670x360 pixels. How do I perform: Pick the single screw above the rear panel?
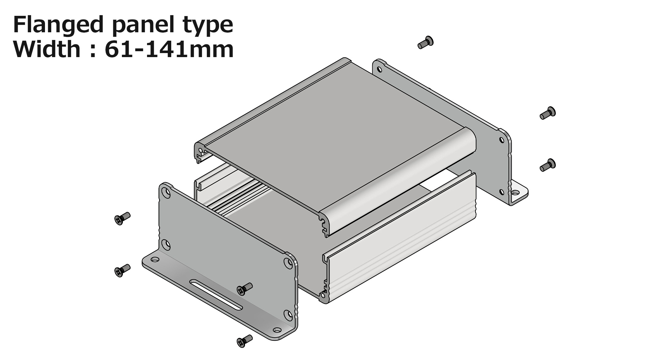[425, 43]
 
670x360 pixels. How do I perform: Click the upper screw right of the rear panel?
[547, 113]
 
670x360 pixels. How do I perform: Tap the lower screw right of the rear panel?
[547, 165]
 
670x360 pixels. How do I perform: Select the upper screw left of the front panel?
[123, 218]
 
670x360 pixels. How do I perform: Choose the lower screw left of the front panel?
[123, 270]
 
